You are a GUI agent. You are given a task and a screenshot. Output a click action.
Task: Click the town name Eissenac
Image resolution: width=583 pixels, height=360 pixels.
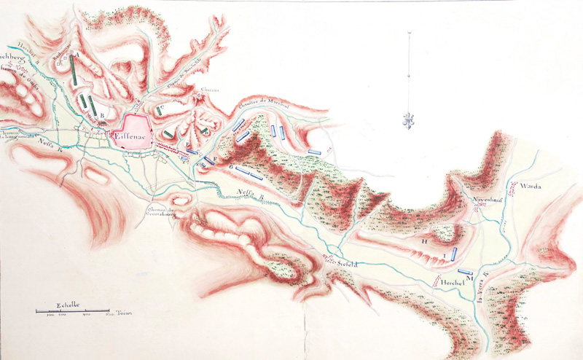pos(131,134)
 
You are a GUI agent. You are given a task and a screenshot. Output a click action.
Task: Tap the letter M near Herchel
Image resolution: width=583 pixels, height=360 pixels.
pos(470,278)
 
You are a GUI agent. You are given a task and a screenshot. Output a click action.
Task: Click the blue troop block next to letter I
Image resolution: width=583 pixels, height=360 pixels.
pos(455,254)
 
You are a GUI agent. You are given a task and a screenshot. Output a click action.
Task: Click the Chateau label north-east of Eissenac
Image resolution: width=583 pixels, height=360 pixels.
pos(202,91)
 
